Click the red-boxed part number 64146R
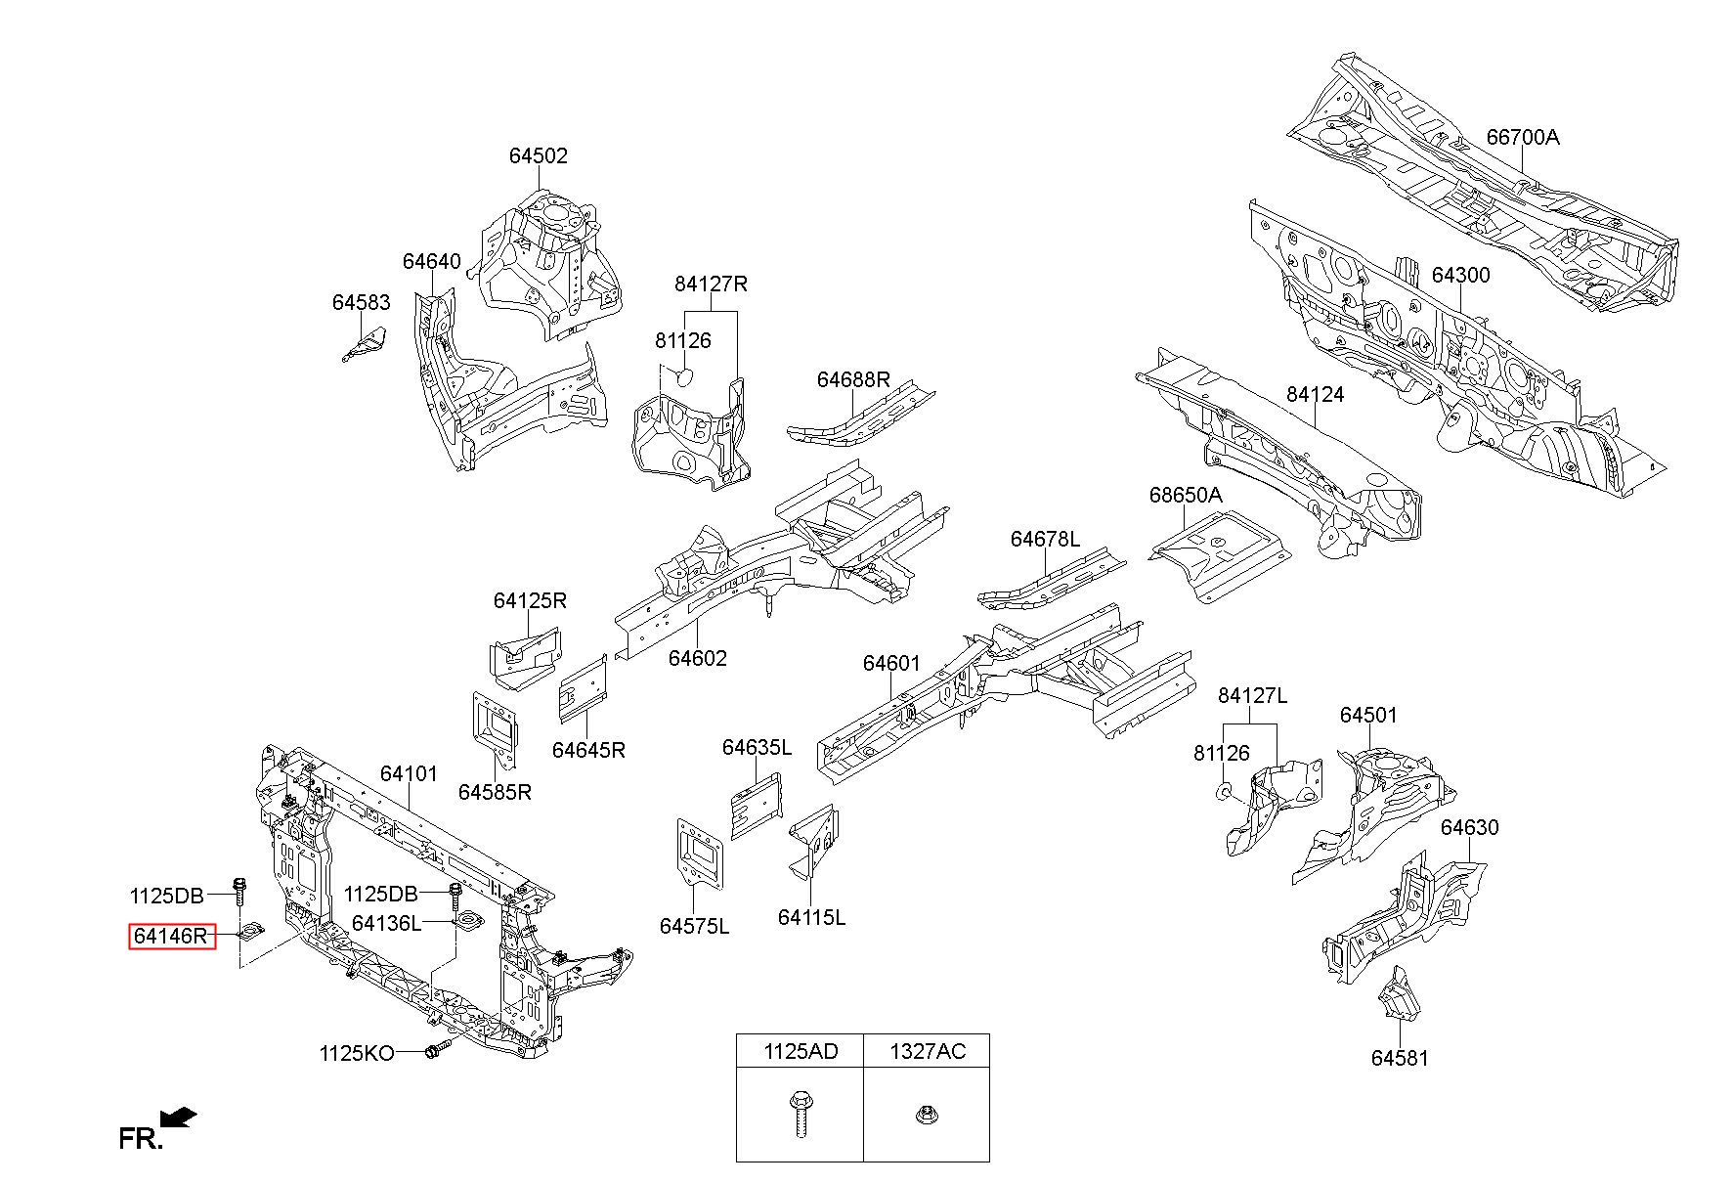172,936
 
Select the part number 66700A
1523,137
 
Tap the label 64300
1461,275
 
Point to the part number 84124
1315,394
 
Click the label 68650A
1186,495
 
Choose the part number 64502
538,155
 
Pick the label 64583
361,302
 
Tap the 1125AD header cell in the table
800,1051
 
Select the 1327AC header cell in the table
927,1051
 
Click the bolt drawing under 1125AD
798,1116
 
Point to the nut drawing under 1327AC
924,1115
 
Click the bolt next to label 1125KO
436,1051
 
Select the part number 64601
891,663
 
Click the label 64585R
495,792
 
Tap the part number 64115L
811,917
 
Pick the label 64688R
853,379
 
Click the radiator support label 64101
409,773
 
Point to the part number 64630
1469,827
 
